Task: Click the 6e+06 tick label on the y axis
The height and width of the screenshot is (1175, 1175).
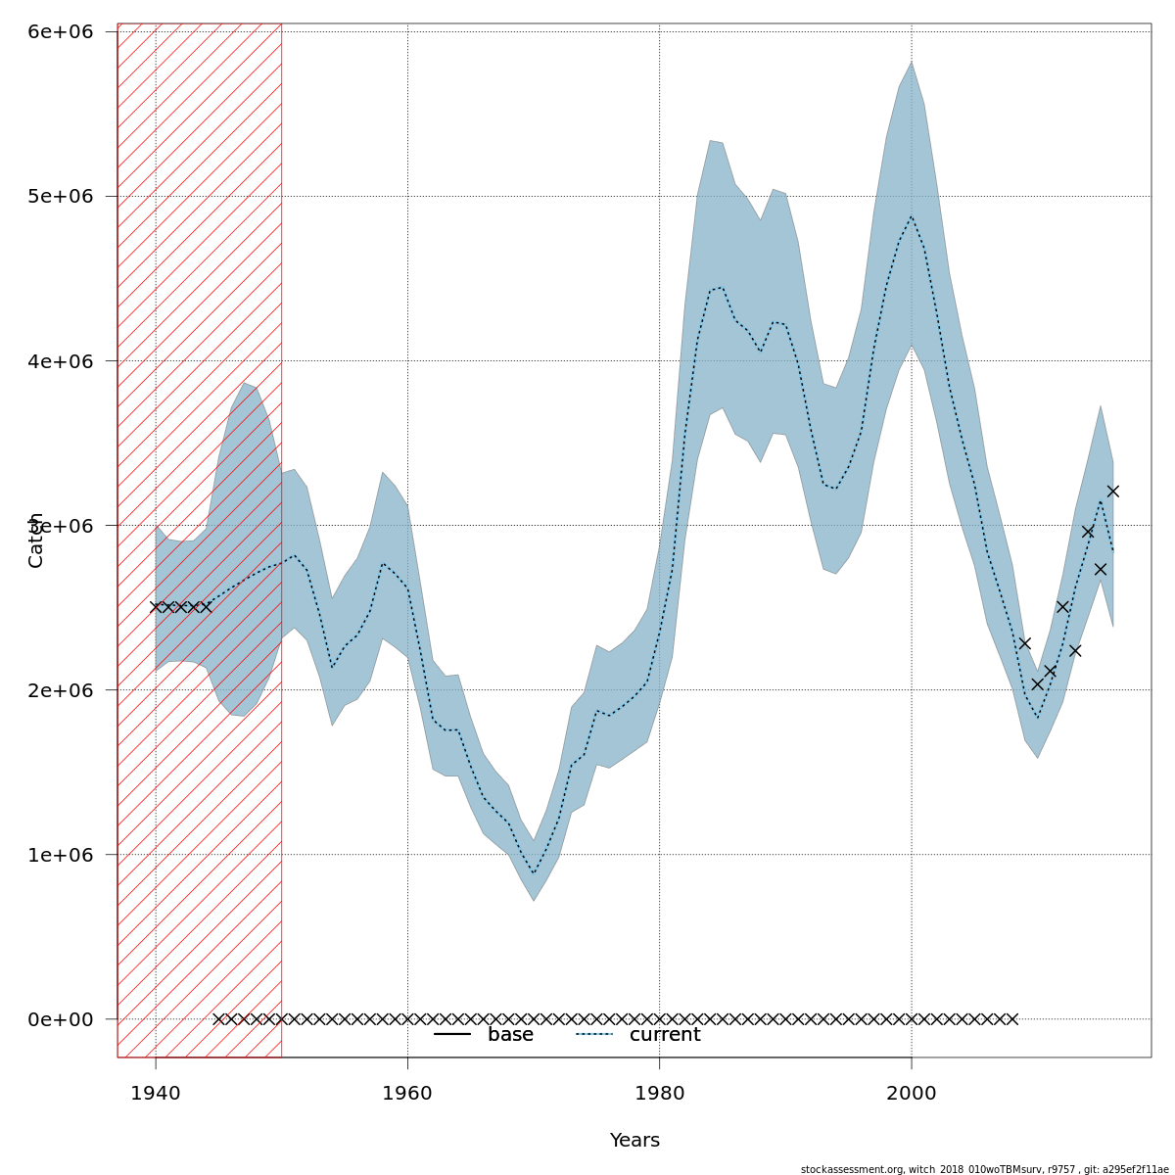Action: click(61, 31)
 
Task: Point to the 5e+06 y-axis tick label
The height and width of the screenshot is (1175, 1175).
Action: click(61, 196)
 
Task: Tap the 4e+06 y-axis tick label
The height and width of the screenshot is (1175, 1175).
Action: click(61, 360)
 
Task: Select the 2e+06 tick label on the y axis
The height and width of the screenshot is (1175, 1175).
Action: click(61, 689)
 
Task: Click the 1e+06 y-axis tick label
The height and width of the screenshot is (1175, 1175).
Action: click(61, 854)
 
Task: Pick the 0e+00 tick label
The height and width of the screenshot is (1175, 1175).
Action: click(61, 1018)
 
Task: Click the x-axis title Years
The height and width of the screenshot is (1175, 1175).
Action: click(634, 1141)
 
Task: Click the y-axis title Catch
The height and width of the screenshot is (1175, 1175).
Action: click(36, 540)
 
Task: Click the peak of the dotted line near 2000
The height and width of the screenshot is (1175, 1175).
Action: click(911, 216)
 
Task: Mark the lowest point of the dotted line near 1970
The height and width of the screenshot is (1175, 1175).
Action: click(534, 873)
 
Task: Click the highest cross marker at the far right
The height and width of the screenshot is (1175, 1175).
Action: click(1112, 492)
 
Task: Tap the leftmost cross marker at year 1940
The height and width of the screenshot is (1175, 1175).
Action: click(156, 607)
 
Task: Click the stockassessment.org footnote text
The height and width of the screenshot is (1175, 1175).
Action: click(984, 1169)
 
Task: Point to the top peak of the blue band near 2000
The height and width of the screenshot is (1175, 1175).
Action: click(911, 62)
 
